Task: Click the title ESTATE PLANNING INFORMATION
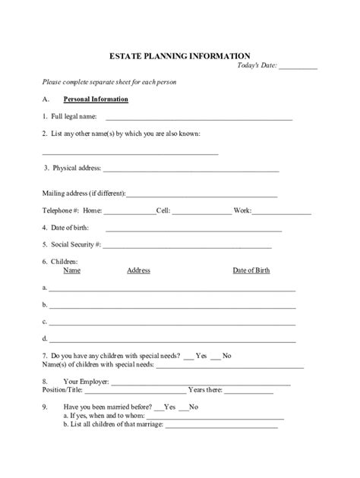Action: (180, 55)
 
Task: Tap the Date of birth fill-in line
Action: (194, 229)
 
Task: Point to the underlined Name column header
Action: (72, 271)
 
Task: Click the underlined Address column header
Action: (138, 271)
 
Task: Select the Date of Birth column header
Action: (251, 271)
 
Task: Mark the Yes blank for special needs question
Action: (189, 357)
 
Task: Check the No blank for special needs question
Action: (216, 357)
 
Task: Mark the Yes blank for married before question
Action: (158, 408)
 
